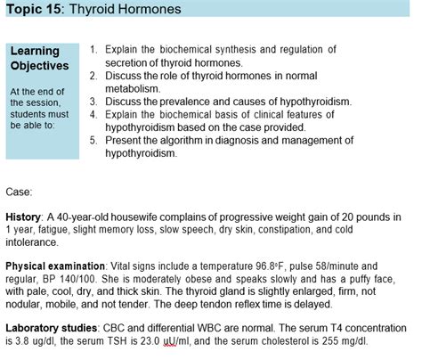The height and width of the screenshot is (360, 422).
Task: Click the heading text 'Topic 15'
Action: click(31, 10)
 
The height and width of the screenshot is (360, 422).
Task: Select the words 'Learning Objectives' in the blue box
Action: click(38, 59)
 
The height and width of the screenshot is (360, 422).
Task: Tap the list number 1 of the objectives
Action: click(94, 50)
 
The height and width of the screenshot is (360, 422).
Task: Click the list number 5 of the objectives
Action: click(94, 139)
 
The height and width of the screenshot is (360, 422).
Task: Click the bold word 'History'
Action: click(22, 217)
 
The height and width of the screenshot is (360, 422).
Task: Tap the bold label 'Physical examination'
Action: click(55, 266)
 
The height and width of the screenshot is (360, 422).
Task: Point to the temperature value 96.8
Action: click(287, 266)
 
